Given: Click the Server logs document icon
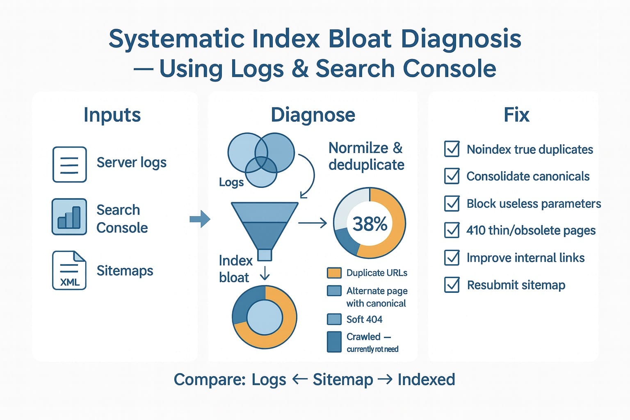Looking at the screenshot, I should tap(69, 164).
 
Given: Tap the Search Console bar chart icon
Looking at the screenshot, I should tap(69, 217).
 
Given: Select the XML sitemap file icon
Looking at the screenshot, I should tap(69, 271).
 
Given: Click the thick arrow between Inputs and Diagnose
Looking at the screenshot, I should tap(200, 219).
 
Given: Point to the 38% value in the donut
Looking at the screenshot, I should tap(370, 224).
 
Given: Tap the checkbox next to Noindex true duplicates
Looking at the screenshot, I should tap(452, 149).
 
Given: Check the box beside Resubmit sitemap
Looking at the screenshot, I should tap(452, 285).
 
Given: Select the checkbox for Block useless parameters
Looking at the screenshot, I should tap(452, 203).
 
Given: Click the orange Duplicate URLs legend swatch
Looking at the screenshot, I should tap(334, 273).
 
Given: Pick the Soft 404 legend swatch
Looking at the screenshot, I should tap(334, 319).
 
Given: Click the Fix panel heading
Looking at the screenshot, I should tap(516, 115).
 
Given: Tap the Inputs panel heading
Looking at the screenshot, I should tap(112, 115).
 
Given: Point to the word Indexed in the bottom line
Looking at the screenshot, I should tap(426, 379).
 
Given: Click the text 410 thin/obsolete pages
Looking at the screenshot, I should tap(531, 231).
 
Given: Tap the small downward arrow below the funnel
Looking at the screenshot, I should tap(265, 273).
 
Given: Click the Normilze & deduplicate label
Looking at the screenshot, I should tap(366, 156).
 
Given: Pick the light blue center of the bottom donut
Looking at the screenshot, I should tap(265, 317).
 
